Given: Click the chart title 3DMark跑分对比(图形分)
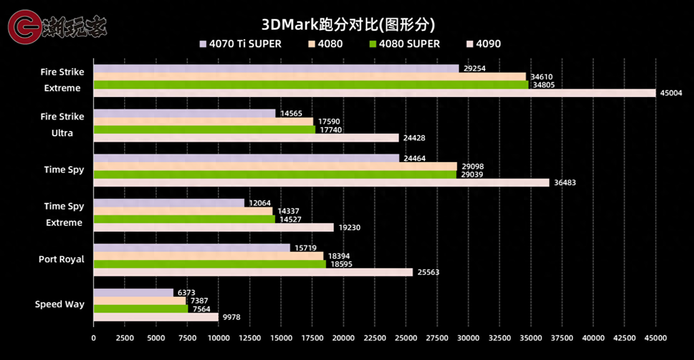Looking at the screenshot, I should click(348, 24).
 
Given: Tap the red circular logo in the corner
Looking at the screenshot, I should click(24, 27).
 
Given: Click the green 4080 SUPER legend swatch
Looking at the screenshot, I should click(373, 44).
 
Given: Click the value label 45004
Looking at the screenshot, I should click(671, 93).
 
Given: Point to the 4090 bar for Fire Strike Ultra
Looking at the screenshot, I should click(246, 138).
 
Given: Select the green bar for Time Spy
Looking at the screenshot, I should click(275, 174).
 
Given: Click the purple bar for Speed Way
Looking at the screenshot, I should click(133, 293).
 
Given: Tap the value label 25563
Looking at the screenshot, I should click(428, 272).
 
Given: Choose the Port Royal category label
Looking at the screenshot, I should click(61, 259).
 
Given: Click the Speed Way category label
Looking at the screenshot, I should click(59, 304).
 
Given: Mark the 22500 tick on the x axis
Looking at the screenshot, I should click(374, 338).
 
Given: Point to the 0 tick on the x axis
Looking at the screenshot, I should click(94, 338).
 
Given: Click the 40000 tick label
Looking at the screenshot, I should click(593, 338).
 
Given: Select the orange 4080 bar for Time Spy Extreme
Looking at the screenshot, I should click(183, 211).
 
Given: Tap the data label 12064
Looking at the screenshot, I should click(259, 203).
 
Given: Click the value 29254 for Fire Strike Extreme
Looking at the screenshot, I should click(474, 68).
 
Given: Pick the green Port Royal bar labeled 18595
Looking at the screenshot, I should click(210, 264).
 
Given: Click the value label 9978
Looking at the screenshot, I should click(231, 317).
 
